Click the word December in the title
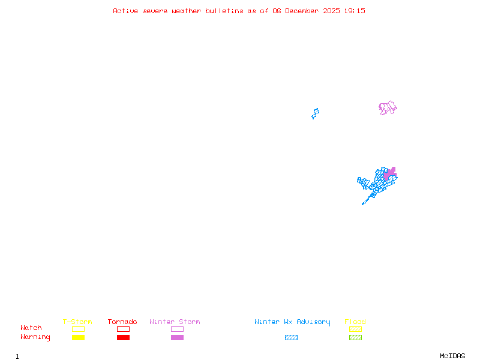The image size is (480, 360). tap(302, 11)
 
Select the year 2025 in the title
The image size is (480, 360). tap(331, 11)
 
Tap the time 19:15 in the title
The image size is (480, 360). tap(355, 11)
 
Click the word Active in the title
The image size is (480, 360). tap(125, 11)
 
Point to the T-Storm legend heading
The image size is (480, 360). tap(77, 322)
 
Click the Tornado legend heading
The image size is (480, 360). tap(122, 322)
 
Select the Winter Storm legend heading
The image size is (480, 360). tap(175, 322)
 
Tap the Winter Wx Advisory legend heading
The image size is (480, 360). tap(292, 322)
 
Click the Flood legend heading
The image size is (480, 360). tap(355, 322)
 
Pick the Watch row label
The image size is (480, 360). tap(31, 328)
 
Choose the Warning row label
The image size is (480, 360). tap(35, 337)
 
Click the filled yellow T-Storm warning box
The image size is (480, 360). tap(79, 337)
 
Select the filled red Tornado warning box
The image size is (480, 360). tap(124, 337)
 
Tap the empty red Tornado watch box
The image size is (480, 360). tap(124, 326)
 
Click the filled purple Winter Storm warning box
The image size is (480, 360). tap(177, 337)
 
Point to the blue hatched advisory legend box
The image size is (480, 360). tap(291, 337)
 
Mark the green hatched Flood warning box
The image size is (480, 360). tap(355, 337)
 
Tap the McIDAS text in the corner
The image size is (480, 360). tap(452, 356)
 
